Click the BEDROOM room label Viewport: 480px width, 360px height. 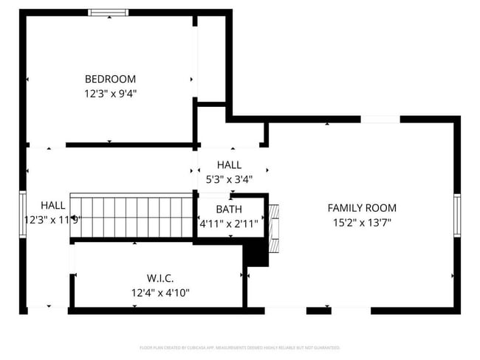[110, 79]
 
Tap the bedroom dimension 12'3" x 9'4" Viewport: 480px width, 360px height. [110, 94]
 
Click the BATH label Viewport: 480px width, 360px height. [229, 210]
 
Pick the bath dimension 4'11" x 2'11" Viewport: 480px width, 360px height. [229, 224]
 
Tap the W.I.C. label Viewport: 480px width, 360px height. [160, 278]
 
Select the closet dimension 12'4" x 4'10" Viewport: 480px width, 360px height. [160, 293]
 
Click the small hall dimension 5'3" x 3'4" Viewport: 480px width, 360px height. [229, 179]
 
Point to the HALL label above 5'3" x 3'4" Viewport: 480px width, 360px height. [229, 165]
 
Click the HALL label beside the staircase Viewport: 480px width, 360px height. [52, 205]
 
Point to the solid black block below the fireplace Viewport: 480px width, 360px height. [256, 255]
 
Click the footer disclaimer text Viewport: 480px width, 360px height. [239, 347]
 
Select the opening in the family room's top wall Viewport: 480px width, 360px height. [380, 120]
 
